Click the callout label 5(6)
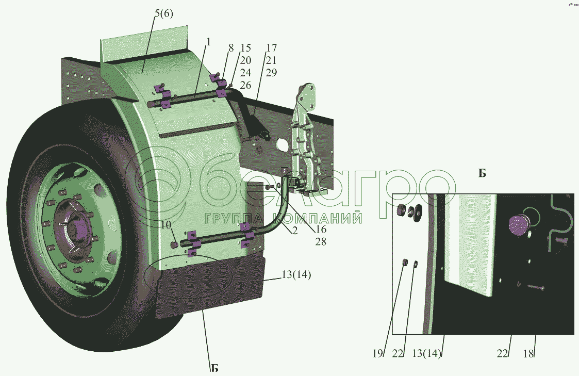click(163, 14)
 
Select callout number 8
click(231, 48)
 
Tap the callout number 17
click(271, 48)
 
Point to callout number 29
click(271, 73)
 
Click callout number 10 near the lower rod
click(166, 225)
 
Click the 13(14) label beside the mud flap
click(296, 275)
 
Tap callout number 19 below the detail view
click(378, 353)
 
